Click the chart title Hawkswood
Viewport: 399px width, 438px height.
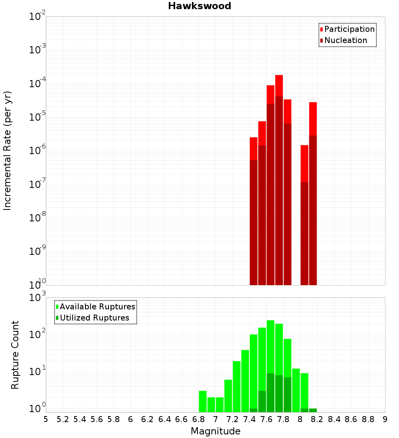click(199, 6)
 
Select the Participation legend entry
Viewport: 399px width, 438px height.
click(350, 29)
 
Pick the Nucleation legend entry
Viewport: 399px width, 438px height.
click(346, 40)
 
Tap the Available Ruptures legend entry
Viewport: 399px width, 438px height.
click(97, 307)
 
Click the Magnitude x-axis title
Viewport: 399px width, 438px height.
click(215, 431)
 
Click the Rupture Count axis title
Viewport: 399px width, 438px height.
click(15, 355)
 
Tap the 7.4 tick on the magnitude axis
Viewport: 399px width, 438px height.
click(249, 419)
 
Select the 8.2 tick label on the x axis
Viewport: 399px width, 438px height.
click(317, 419)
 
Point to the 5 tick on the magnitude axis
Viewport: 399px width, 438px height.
click(46, 419)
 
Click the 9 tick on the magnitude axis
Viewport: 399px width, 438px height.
click(385, 419)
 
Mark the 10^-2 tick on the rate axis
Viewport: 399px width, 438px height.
click(38, 17)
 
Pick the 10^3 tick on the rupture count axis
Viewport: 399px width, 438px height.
click(38, 298)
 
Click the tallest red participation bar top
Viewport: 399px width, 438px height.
click(279, 76)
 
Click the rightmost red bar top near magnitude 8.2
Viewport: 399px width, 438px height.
click(313, 104)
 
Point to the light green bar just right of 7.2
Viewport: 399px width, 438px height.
click(237, 386)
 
